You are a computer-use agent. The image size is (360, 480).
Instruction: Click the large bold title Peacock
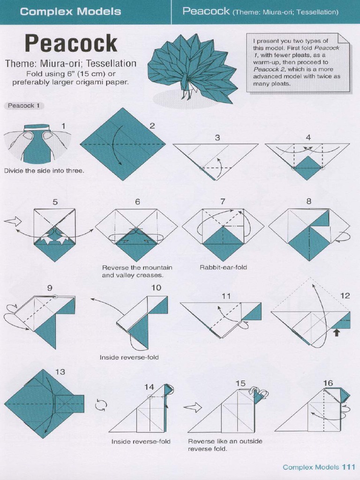click(x=71, y=44)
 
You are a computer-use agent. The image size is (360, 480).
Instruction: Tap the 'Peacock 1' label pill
click(x=24, y=105)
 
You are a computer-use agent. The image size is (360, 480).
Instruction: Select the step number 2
click(x=152, y=125)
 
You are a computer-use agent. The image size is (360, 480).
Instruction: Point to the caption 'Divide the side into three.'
click(x=44, y=171)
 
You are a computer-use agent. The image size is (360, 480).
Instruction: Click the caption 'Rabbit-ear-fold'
click(x=224, y=267)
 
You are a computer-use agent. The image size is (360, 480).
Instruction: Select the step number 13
click(x=60, y=372)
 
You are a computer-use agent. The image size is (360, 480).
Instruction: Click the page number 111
click(x=349, y=467)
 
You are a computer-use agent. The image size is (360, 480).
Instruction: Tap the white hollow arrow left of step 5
click(x=13, y=222)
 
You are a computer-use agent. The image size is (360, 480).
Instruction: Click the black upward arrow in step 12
click(x=336, y=332)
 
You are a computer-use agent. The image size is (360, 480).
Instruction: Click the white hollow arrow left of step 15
click(x=192, y=407)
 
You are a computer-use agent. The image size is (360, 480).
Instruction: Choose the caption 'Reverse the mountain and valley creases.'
click(x=137, y=271)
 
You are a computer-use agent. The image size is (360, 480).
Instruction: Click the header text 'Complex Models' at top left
click(x=70, y=12)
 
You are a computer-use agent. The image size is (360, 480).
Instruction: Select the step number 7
click(x=223, y=202)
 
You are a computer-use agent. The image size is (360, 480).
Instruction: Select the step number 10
click(x=156, y=287)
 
